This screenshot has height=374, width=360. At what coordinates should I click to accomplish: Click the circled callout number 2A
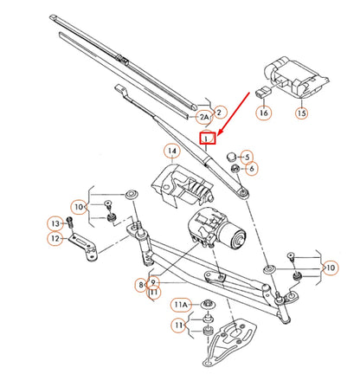[x=204, y=115]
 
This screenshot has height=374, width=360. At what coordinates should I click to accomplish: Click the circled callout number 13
[x=52, y=223]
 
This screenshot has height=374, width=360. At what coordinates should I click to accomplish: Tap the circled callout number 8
[x=140, y=283]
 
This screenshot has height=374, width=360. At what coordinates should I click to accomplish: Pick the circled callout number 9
[x=152, y=283]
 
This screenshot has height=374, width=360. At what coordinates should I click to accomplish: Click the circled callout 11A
[x=180, y=305]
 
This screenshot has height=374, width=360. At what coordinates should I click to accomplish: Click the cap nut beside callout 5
[x=231, y=156]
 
